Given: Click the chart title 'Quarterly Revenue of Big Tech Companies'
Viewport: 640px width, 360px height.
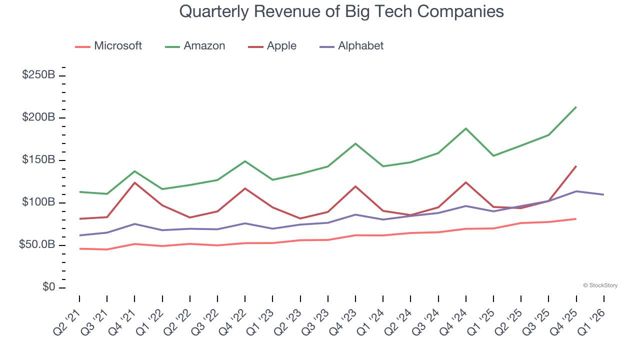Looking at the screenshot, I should [x=341, y=11].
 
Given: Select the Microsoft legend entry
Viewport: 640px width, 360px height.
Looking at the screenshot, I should [x=108, y=46].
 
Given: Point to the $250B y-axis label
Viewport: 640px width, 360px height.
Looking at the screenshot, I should [x=38, y=75].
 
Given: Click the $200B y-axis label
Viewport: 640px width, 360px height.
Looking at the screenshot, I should [x=38, y=117].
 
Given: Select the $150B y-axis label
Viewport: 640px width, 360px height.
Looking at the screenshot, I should [x=38, y=160].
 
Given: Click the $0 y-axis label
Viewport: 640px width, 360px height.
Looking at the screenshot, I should [x=49, y=287].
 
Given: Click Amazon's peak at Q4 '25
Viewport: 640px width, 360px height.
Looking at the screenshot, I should [x=576, y=107].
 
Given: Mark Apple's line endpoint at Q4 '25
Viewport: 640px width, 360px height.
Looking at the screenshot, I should [x=576, y=166].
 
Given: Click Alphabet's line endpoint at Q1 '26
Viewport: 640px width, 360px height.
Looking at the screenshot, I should [x=603, y=194].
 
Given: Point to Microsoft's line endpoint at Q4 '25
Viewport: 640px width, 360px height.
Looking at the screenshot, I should [x=576, y=219].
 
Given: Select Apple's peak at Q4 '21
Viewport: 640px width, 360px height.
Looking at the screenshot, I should [x=134, y=182].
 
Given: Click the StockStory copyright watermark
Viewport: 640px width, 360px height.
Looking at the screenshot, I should [x=600, y=285].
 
